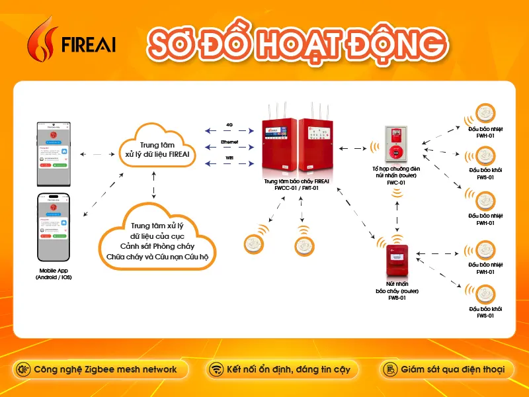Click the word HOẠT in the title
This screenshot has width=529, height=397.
[x=300, y=42]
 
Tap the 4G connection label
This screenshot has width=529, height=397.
[x=229, y=124]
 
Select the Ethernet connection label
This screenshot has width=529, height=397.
[x=229, y=142]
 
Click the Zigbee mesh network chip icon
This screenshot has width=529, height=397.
[x=23, y=369]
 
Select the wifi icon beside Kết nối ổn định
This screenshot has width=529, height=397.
[x=215, y=369]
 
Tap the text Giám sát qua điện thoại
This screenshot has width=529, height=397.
[x=452, y=369]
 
